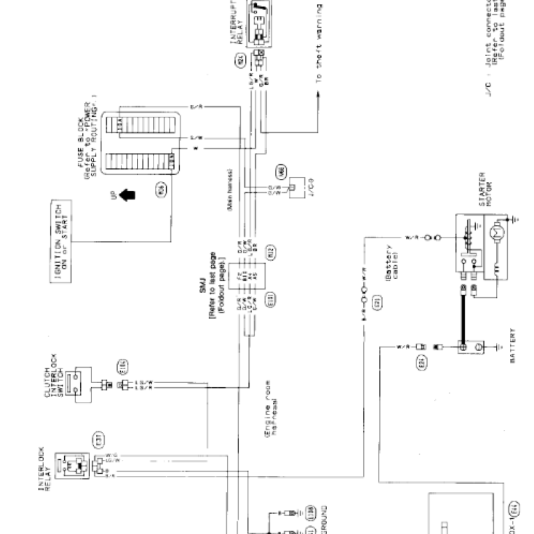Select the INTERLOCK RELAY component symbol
click(x=71, y=467)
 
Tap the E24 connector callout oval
click(x=421, y=364)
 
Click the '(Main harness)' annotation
click(x=230, y=190)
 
